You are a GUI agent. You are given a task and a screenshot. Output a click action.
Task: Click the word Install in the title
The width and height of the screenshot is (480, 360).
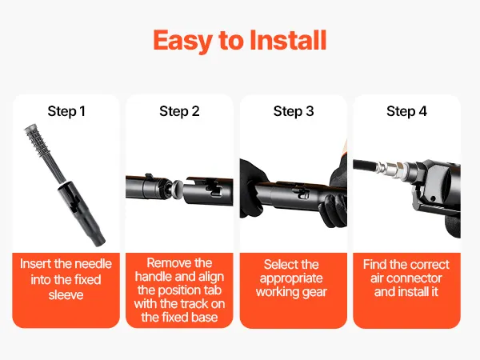click(288, 40)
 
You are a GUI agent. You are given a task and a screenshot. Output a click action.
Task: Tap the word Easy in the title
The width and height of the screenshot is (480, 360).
click(182, 42)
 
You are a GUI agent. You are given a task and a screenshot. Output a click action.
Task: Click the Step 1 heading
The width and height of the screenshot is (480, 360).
click(66, 111)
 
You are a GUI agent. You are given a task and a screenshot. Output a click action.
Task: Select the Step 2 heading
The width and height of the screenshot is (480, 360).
click(179, 111)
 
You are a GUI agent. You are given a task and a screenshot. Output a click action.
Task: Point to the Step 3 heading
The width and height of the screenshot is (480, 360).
click(294, 111)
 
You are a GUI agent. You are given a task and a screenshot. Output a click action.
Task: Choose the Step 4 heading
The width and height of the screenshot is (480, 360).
click(406, 111)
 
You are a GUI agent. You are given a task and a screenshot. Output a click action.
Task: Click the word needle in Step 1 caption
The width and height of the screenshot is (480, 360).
click(94, 264)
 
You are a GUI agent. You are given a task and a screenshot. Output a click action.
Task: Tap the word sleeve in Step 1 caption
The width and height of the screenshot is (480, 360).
click(66, 294)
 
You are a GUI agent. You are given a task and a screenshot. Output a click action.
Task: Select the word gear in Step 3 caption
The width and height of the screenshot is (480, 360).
click(314, 292)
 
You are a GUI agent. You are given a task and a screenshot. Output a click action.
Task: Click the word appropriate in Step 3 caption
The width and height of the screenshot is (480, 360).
click(291, 279)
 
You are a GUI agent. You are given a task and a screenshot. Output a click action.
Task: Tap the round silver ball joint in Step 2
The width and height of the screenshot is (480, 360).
click(176, 189)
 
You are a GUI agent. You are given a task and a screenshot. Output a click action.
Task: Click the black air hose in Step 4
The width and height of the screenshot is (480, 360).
click(365, 166)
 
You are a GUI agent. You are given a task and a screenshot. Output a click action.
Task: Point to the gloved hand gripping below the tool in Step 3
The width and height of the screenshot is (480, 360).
click(334, 210)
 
